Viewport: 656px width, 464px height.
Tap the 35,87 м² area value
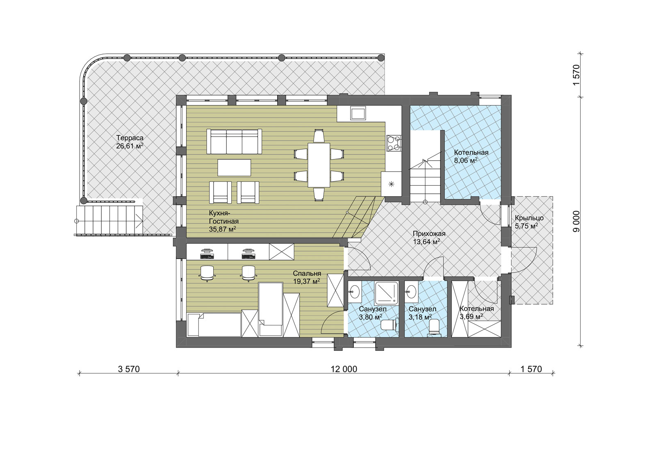[223, 229]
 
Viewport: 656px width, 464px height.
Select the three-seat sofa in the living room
[234, 141]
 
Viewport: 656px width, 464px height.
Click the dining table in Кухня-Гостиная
[319, 165]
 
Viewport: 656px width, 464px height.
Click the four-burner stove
[394, 143]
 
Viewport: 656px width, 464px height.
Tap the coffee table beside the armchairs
[234, 168]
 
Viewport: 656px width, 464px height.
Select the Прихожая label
[429, 234]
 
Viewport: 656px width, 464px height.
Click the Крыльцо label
[529, 218]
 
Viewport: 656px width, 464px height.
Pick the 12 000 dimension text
[344, 369]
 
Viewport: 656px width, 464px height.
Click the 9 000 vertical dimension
[576, 221]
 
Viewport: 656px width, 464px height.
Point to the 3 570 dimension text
[129, 369]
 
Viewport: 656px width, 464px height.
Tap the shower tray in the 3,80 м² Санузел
[387, 293]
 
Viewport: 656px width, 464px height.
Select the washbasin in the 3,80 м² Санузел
[355, 291]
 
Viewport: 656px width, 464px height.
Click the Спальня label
[307, 273]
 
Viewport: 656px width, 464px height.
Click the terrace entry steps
[109, 220]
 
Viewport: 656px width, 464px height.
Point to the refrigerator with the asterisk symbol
[391, 184]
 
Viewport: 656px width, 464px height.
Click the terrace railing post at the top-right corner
[381, 58]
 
